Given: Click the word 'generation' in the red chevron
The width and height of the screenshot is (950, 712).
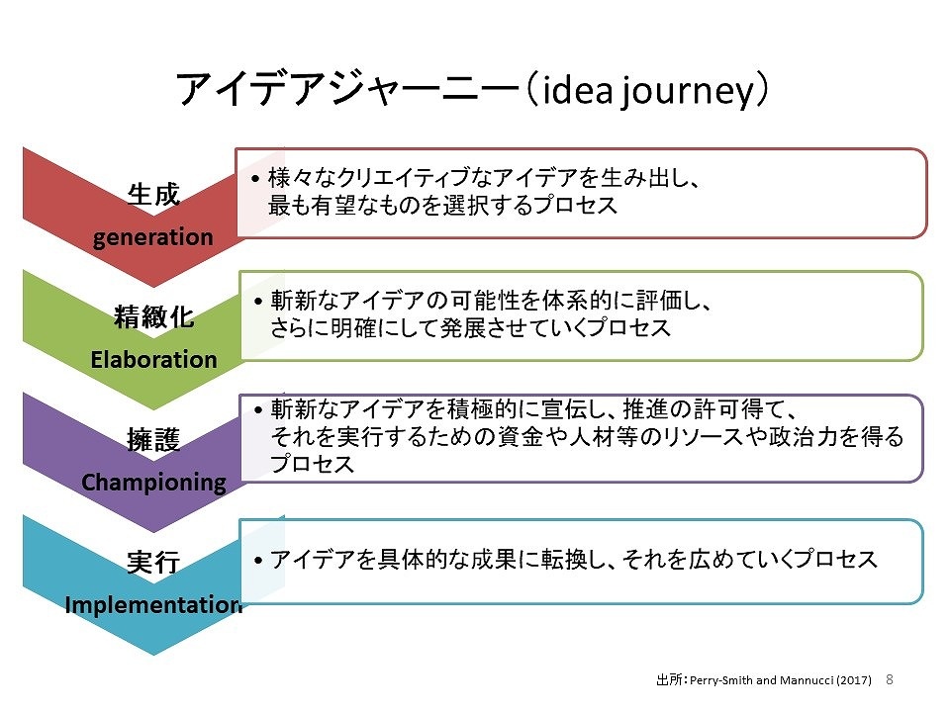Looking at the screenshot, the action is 152,237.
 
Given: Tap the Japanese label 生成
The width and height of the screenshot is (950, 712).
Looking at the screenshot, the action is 153,195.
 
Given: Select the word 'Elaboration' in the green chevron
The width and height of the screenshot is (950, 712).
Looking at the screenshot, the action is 154,360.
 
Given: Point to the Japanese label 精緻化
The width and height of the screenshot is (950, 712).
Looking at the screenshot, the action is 154,316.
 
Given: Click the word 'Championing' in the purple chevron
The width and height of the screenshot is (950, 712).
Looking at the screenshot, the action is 154,483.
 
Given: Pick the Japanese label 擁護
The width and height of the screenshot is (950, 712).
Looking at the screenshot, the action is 153,439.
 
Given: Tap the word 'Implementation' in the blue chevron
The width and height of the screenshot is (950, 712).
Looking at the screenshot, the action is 154,605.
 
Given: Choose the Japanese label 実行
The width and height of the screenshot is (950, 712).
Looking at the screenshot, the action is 153,562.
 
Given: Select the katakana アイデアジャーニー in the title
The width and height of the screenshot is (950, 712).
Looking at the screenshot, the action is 347,90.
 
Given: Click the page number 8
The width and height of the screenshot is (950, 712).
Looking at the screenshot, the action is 890,679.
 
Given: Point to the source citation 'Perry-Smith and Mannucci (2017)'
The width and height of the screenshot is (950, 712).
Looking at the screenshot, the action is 781,680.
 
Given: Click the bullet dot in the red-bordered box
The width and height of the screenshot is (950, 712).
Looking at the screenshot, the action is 255,179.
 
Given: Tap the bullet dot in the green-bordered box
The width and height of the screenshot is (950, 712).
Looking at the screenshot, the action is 258,301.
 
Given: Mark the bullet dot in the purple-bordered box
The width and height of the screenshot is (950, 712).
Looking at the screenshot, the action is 258,410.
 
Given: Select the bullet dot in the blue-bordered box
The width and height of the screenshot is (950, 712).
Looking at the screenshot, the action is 258,560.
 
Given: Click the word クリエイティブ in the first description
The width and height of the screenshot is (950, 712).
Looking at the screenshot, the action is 403,178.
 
